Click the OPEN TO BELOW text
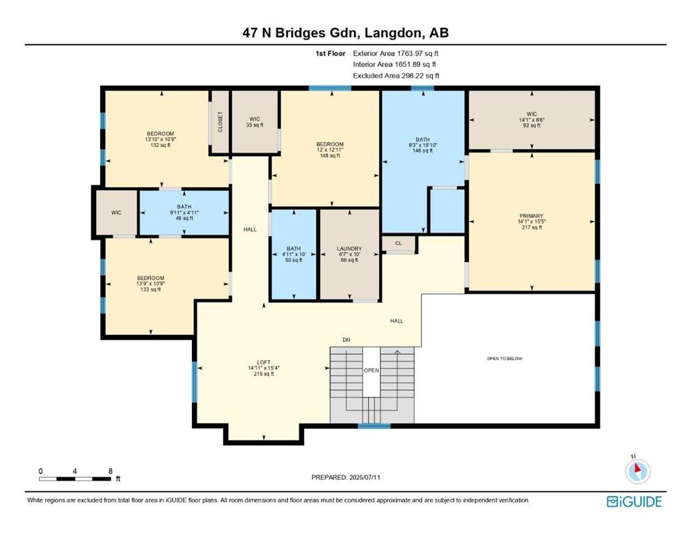pyautogui.click(x=505, y=359)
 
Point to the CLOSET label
pyautogui.click(x=221, y=122)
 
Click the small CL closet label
pyautogui.click(x=399, y=244)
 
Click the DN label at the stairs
pyautogui.click(x=346, y=340)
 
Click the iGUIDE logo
pyautogui.click(x=634, y=502)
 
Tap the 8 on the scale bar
pyautogui.click(x=111, y=471)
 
